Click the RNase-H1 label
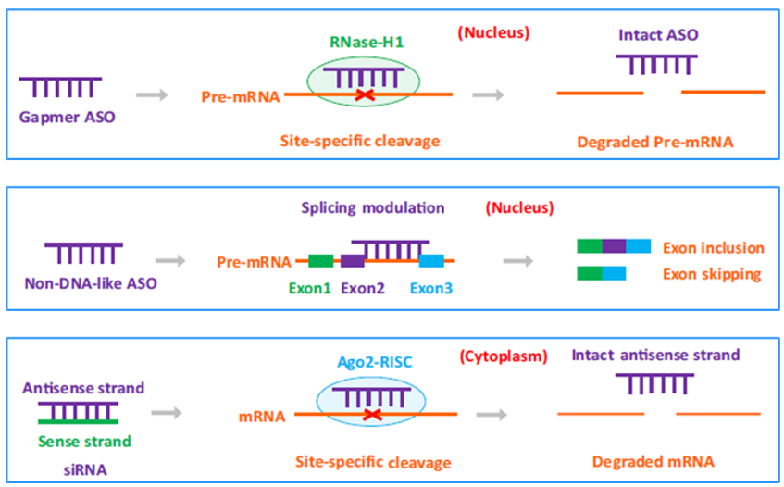click(367, 43)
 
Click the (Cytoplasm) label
click(503, 356)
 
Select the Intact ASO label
click(658, 37)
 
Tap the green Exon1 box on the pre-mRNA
click(320, 261)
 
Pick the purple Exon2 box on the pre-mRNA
click(353, 261)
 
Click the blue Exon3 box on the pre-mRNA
click(431, 261)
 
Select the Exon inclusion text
click(713, 248)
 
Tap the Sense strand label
click(84, 441)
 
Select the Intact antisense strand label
click(655, 355)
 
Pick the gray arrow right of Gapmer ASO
click(151, 94)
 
